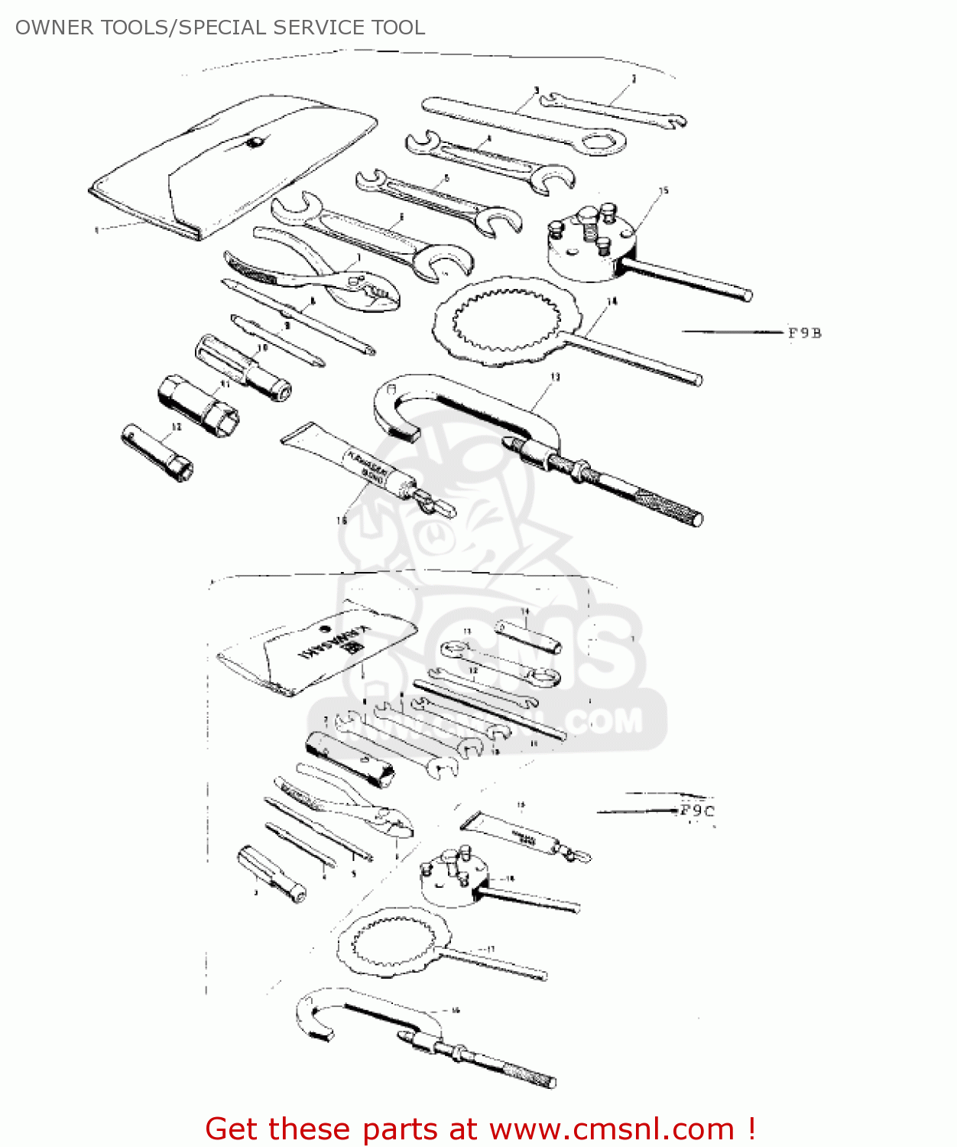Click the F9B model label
click(804, 333)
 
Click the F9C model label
click(697, 811)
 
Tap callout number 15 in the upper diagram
click(663, 190)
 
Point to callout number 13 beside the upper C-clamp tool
click(555, 377)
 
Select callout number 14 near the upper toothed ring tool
click(612, 302)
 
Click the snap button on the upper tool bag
click(255, 142)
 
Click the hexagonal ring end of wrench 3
click(602, 141)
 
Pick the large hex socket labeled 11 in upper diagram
click(197, 405)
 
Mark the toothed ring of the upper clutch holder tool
click(504, 321)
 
